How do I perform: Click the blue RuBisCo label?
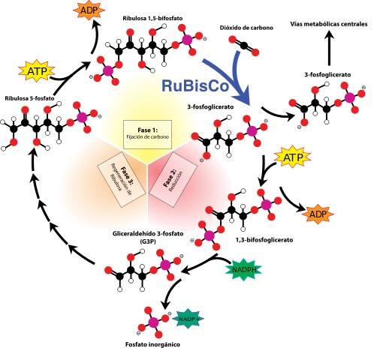[x=195, y=85]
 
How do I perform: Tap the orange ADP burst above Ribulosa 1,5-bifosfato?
[x=89, y=10]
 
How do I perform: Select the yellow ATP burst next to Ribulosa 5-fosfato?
[x=37, y=71]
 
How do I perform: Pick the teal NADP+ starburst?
[x=189, y=319]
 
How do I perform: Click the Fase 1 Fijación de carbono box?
[x=147, y=134]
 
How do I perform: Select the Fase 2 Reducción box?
[x=173, y=180]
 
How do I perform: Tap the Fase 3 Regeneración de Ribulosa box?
[x=122, y=180]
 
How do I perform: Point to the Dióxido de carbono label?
[x=246, y=28]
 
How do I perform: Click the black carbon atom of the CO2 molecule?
[x=244, y=46]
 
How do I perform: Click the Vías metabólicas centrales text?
[x=329, y=24]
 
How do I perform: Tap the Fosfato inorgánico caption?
[x=152, y=344]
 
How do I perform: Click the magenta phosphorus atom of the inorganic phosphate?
[x=153, y=322]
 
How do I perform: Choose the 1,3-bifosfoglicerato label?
[x=264, y=240]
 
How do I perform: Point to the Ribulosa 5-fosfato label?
[x=29, y=98]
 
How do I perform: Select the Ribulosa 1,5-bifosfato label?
[x=152, y=18]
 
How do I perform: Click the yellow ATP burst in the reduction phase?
[x=292, y=157]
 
